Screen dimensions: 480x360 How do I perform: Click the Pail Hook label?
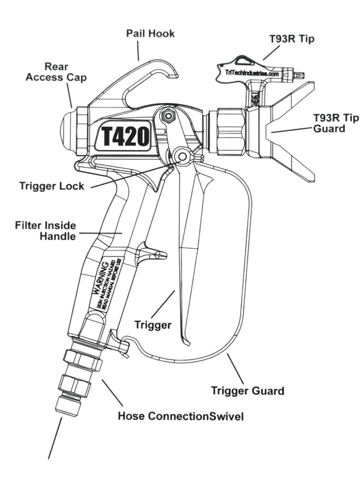(150, 33)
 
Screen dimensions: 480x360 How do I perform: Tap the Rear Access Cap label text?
(56, 72)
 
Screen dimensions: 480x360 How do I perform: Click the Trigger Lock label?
(52, 186)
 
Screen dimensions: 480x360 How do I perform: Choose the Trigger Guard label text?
(247, 390)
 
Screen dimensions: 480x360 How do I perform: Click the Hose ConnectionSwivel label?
(180, 416)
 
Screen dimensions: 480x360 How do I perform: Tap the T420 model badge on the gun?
(123, 136)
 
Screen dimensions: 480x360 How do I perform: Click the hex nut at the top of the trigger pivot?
(168, 116)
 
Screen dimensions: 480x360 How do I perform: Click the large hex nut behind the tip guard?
(230, 132)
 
